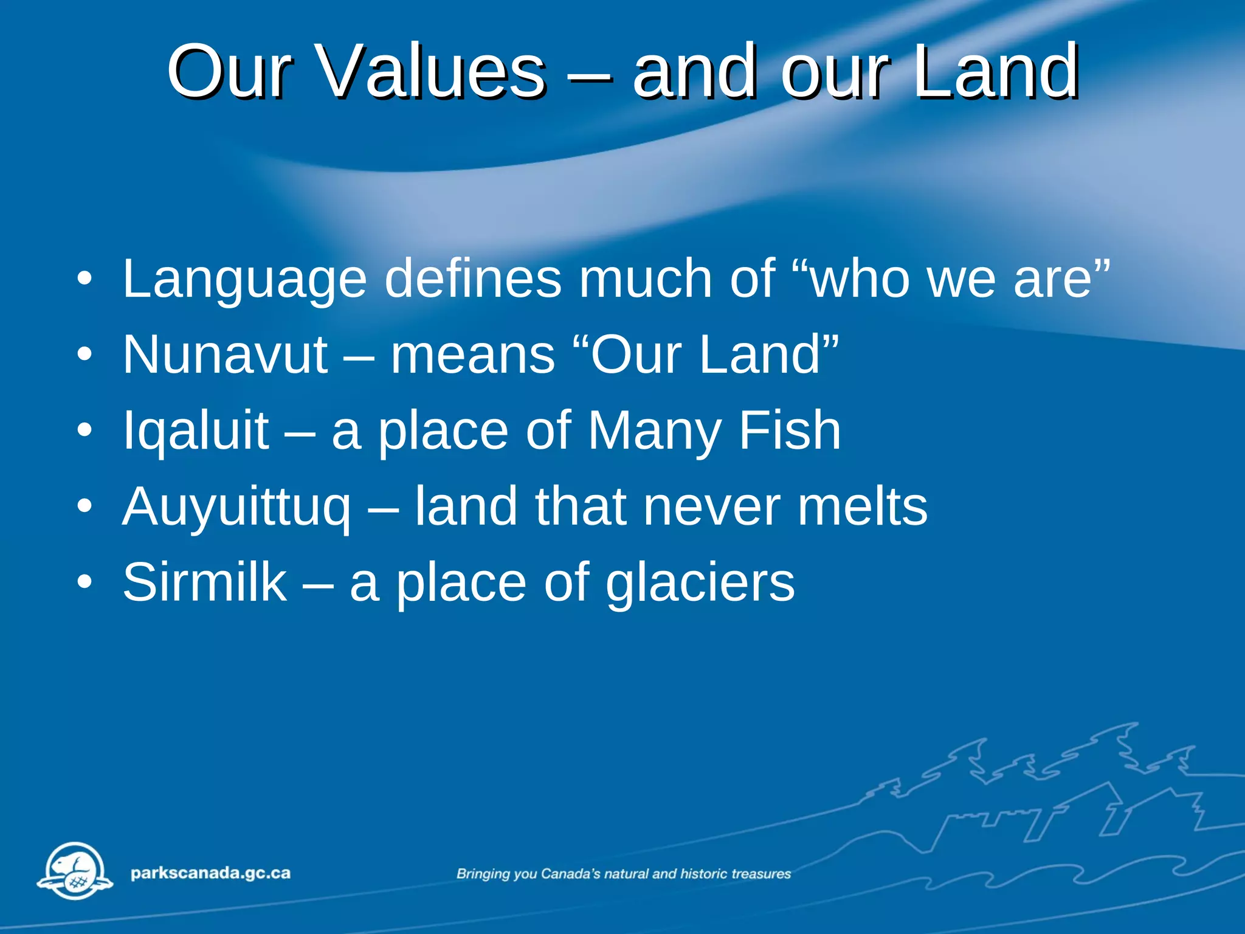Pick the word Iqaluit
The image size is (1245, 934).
point(196,431)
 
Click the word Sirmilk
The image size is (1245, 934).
point(205,582)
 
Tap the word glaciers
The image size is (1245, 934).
point(700,582)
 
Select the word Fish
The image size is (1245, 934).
point(790,431)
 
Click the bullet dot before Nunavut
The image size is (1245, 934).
point(84,355)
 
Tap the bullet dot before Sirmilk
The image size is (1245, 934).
point(84,583)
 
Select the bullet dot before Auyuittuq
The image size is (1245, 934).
point(84,507)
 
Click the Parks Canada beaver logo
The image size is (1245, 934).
point(75,871)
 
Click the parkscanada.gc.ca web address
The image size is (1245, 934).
point(210,873)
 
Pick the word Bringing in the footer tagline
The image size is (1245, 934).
point(483,874)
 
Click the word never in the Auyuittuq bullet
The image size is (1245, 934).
point(711,507)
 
